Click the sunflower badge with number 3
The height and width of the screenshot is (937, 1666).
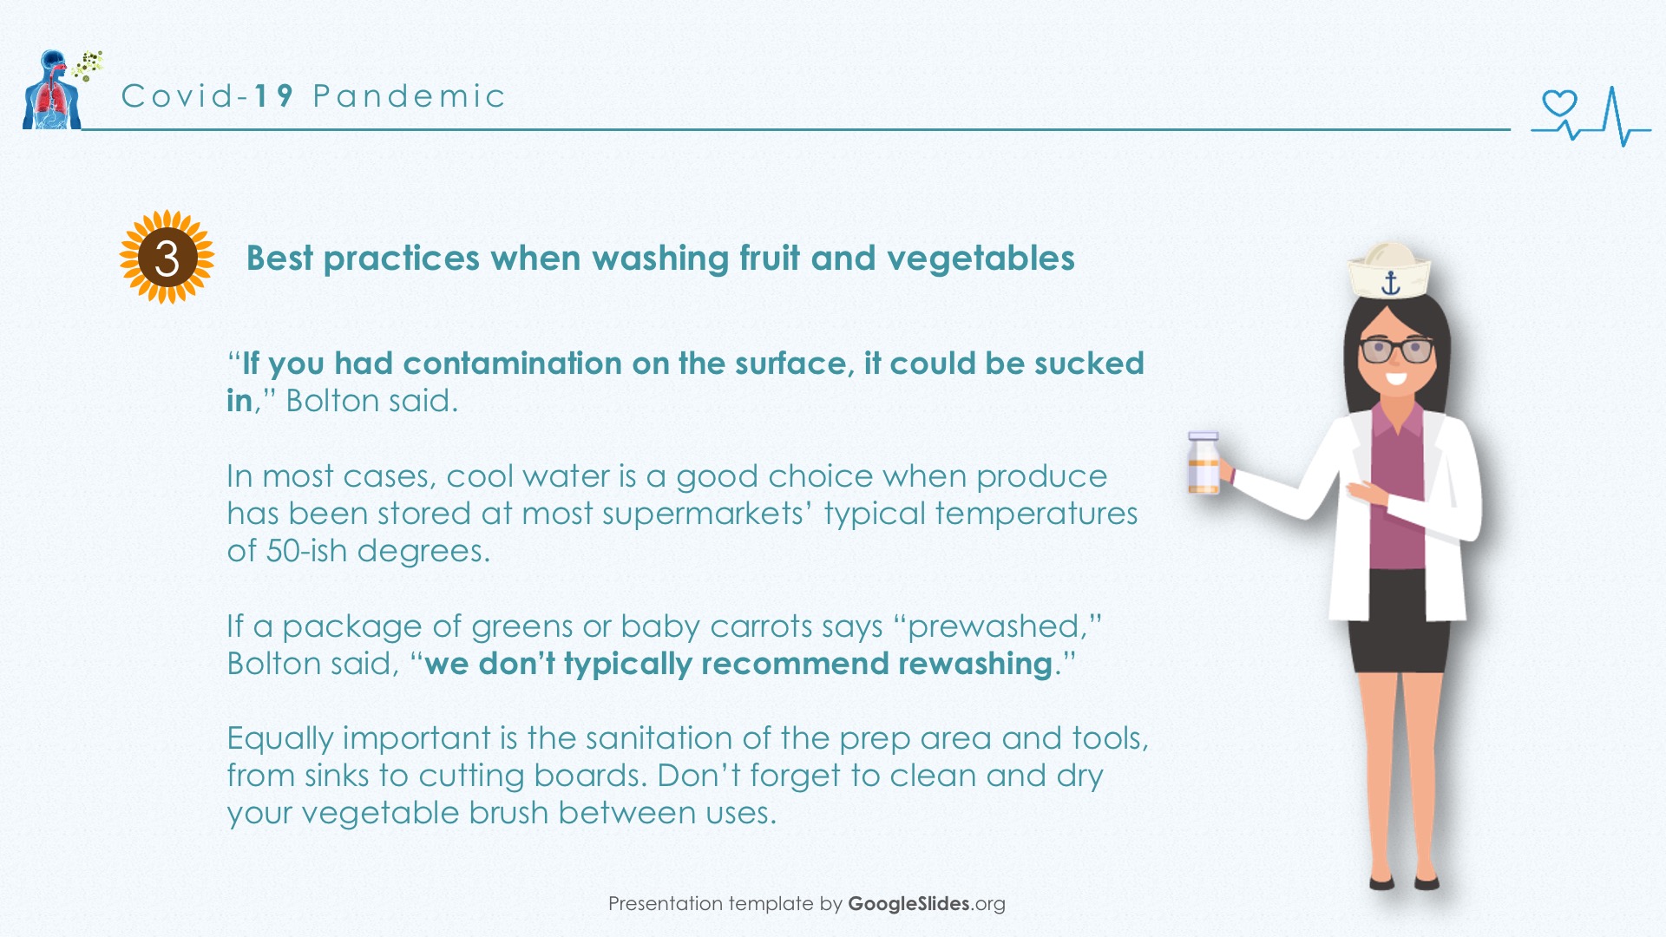point(167,257)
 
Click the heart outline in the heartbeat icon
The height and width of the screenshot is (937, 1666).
point(1559,104)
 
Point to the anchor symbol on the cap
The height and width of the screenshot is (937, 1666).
point(1391,283)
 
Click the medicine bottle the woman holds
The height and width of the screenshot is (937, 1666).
point(1204,463)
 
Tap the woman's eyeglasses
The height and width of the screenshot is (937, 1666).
point(1397,350)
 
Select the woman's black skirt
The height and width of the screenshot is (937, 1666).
point(1398,620)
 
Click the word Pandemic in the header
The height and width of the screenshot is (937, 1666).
point(409,95)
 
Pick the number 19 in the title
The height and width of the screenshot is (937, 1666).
point(274,95)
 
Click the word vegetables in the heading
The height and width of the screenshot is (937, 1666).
point(981,259)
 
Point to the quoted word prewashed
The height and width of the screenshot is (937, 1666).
point(993,626)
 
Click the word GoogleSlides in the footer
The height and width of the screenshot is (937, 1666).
point(908,903)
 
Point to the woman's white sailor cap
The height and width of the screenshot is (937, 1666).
point(1388,271)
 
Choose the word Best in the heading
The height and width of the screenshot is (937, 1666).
point(279,259)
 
